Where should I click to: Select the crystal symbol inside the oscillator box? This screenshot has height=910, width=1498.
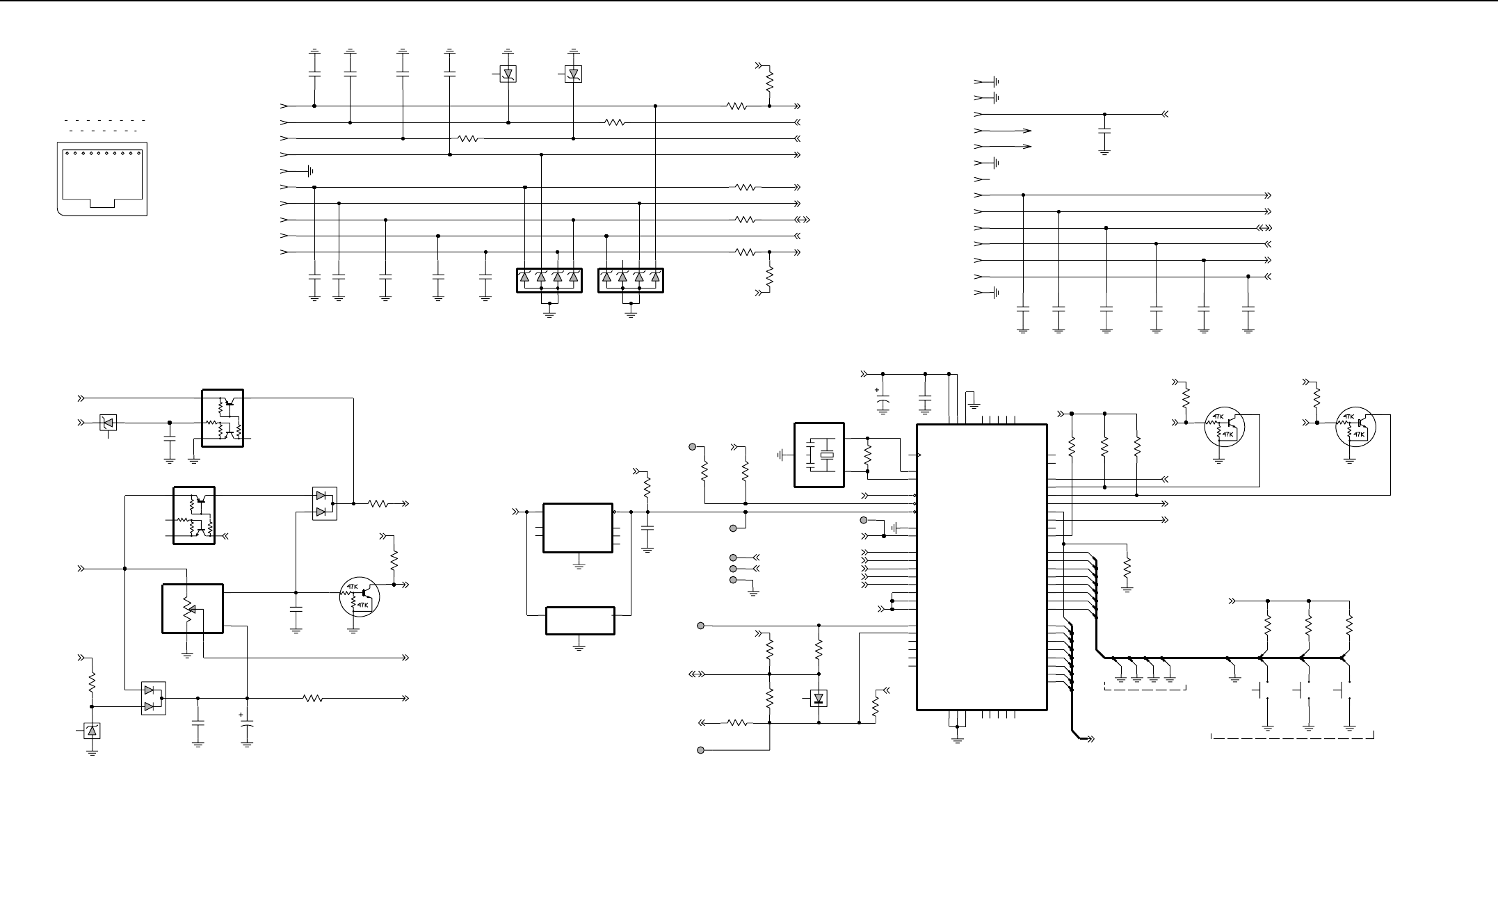pos(825,455)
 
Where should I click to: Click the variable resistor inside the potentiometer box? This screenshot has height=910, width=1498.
pos(187,609)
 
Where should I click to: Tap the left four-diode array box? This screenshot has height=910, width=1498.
pos(549,280)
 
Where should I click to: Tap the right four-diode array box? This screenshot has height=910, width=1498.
pos(631,280)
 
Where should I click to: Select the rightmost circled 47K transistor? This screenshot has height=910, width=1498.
pos(1355,427)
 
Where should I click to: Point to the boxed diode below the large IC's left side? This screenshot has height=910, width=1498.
pos(819,698)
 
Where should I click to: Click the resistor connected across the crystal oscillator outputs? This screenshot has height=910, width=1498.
pos(867,455)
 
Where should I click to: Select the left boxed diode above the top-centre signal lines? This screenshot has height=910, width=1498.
pos(508,74)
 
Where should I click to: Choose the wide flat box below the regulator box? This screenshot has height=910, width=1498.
pos(580,621)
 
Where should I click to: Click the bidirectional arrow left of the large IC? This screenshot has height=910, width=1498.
pos(697,674)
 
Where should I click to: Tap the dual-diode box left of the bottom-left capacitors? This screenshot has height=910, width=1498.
pos(153,698)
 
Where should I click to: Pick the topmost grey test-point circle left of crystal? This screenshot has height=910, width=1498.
pos(692,446)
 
